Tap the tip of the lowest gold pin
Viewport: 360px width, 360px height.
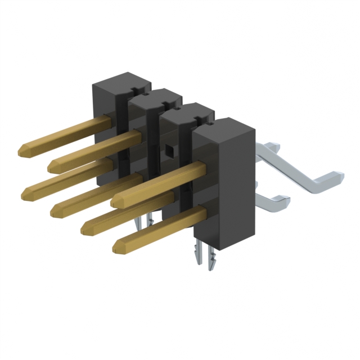coord(120,246)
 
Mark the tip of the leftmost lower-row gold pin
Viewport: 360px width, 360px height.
coord(28,194)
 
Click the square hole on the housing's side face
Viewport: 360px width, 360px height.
coord(168,150)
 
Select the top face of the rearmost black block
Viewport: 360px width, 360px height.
coord(120,82)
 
